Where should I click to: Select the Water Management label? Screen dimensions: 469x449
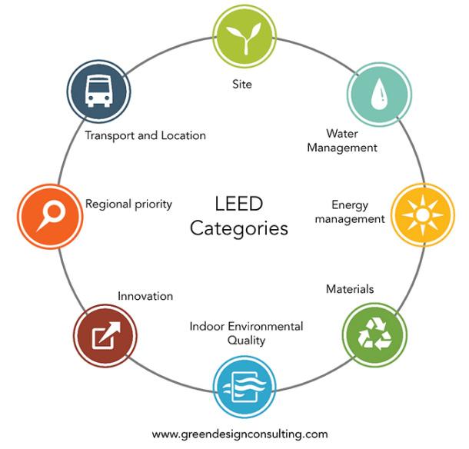coord(342,141)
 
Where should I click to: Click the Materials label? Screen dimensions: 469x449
coord(350,289)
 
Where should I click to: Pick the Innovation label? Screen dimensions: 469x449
coord(145,295)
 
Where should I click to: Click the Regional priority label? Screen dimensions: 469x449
coord(128,204)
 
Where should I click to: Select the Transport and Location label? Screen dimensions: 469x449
coord(146,135)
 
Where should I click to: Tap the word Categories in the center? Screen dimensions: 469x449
coord(239,228)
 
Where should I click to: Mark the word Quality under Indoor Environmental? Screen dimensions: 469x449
coord(246,339)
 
